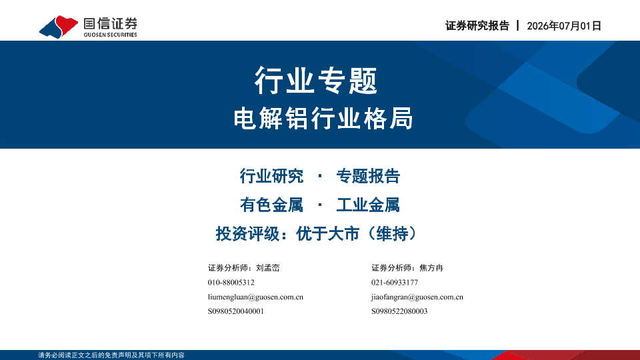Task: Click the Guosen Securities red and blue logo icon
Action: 59,27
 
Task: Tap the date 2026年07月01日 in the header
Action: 564,26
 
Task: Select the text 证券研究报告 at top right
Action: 477,26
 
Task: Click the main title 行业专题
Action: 316,81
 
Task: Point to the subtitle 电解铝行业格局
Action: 323,119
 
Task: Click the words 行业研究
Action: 271,176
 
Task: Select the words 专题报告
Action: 368,176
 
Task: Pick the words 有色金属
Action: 271,205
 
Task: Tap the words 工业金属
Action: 368,205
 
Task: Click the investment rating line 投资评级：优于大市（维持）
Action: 316,234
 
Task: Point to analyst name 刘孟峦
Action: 268,268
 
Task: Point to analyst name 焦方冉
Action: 431,268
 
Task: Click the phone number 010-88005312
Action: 231,283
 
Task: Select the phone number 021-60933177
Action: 395,283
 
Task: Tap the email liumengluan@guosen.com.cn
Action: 255,297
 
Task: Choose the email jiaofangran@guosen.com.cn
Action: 417,297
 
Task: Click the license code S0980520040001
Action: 236,311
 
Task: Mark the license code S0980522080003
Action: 399,311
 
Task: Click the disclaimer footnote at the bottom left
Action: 111,355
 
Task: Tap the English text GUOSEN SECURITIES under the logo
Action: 110,35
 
